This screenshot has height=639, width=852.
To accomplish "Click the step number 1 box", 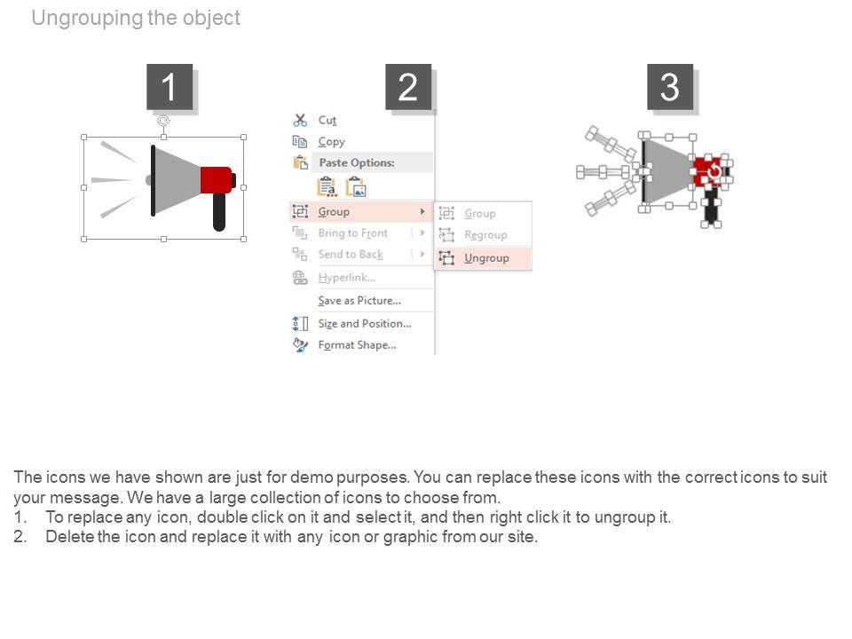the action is (x=169, y=87).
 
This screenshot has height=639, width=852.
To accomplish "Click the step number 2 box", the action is (x=408, y=87).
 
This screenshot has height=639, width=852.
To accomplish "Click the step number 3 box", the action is (x=669, y=87).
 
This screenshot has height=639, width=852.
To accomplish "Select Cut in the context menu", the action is (x=327, y=120).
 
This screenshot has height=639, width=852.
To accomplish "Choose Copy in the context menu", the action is (x=331, y=142).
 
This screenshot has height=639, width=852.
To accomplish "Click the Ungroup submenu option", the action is (x=486, y=258).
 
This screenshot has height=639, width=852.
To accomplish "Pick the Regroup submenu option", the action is (x=485, y=234).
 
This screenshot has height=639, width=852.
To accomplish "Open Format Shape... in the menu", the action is (x=357, y=345).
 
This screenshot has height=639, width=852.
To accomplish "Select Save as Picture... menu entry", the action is (x=359, y=301).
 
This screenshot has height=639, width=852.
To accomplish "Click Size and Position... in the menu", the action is (x=365, y=323).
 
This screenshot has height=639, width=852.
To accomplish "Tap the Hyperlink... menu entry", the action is (x=347, y=278).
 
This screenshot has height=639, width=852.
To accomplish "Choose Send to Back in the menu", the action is (x=351, y=255).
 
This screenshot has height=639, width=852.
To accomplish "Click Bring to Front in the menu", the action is (x=353, y=233).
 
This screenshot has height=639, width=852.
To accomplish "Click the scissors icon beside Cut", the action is (x=300, y=120).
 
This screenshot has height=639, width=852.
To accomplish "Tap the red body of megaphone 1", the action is (x=217, y=180).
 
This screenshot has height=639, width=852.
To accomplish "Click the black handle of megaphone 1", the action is (x=219, y=212).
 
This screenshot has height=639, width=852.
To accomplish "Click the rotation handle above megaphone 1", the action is (x=163, y=121).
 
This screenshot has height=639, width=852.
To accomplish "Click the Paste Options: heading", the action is (x=357, y=162).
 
